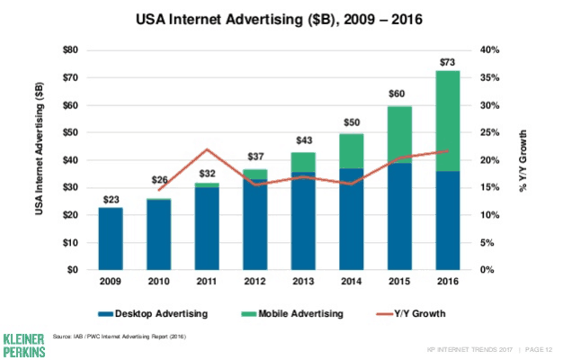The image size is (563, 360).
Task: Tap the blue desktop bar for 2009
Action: (111, 238)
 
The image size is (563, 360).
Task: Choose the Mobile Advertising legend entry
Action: (292, 313)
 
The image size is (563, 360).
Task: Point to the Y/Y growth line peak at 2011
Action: (207, 149)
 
